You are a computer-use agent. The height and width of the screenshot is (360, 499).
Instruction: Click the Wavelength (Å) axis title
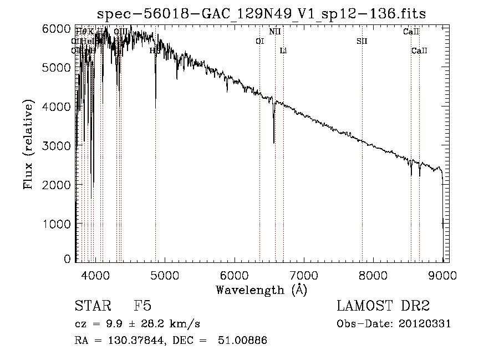pyautogui.click(x=261, y=289)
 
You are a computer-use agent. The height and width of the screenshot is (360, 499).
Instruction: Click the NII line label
pyautogui.click(x=275, y=32)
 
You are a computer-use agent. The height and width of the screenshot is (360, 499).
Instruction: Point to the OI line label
pyautogui.click(x=259, y=41)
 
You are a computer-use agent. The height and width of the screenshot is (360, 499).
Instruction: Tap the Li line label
pyautogui.click(x=283, y=50)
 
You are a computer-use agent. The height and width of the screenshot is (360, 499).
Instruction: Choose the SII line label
pyautogui.click(x=362, y=41)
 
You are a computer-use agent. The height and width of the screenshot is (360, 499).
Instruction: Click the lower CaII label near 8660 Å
pyautogui.click(x=419, y=50)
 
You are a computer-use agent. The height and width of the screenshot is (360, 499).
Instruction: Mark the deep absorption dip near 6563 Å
pyautogui.click(x=274, y=142)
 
